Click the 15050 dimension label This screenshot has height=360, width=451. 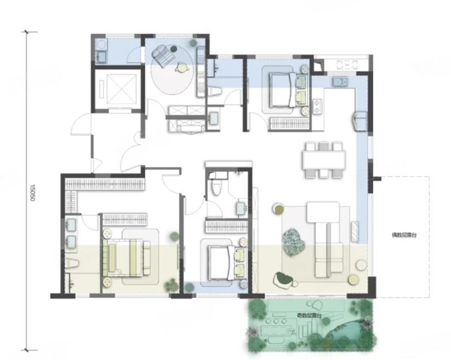coord(32,193)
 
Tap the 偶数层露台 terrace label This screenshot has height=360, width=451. coord(404,235)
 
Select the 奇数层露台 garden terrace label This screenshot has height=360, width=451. coord(309,315)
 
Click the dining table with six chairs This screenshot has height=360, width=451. coord(324,160)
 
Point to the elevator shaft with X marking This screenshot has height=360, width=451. coord(118,89)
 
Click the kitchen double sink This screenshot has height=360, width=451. coord(340,82)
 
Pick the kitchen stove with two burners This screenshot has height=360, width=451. coord(317,107)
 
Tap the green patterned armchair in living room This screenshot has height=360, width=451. coord(294,241)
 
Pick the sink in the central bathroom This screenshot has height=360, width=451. coord(241,208)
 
